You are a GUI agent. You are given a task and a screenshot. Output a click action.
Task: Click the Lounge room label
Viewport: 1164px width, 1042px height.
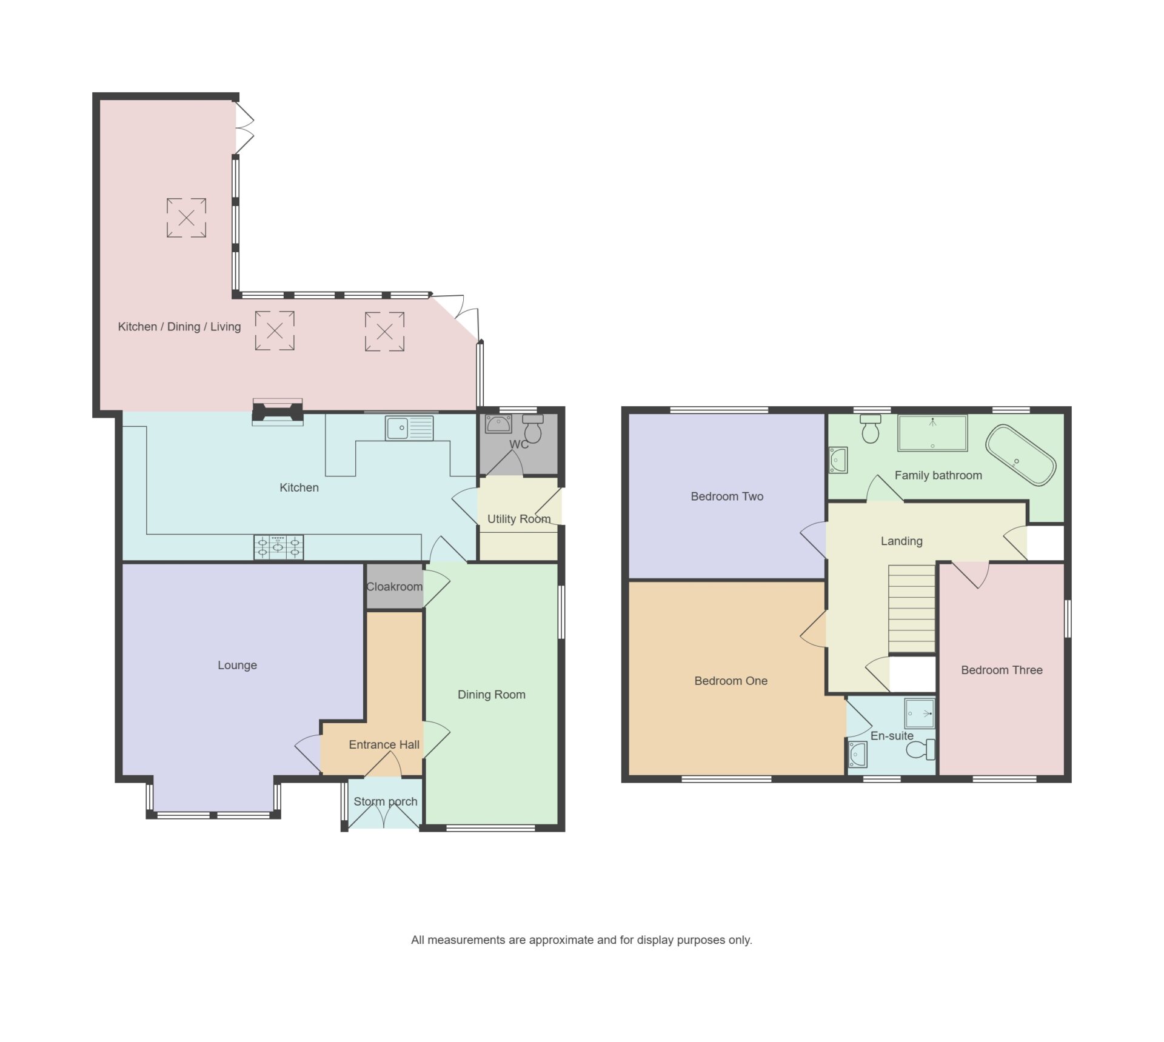coord(237,665)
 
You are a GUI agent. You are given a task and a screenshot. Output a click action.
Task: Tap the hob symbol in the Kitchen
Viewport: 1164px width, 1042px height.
coord(278,547)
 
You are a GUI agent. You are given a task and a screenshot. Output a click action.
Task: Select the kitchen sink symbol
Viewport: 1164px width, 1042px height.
coord(409,428)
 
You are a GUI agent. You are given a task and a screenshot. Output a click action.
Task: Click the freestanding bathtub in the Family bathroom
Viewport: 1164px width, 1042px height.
coord(1021,455)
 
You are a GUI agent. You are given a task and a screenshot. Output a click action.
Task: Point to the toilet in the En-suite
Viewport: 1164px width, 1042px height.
coord(921,750)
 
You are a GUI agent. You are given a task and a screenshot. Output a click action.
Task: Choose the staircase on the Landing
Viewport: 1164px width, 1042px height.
coord(912,609)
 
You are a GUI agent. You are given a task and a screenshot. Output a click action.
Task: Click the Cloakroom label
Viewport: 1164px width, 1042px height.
coord(394,587)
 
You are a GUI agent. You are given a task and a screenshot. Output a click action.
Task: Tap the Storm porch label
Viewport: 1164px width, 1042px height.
coord(386,801)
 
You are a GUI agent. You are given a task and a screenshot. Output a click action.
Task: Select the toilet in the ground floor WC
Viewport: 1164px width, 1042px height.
coord(533,429)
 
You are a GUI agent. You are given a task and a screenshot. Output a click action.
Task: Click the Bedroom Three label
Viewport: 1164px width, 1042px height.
coord(1002,670)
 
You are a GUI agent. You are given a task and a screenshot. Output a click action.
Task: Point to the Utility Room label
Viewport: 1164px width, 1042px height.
coord(519,519)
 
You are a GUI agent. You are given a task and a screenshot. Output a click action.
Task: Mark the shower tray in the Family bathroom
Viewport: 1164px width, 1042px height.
coord(932,433)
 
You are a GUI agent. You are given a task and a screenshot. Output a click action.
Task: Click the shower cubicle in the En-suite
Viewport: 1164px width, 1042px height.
coord(920,713)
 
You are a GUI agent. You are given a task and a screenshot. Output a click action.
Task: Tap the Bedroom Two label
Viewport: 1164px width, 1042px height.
coord(727,496)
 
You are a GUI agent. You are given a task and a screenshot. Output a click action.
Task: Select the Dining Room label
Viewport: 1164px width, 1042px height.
coord(491,695)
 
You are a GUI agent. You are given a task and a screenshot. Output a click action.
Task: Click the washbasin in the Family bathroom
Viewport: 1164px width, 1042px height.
coord(838,460)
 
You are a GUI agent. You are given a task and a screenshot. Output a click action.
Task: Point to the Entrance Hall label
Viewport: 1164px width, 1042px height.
coord(384,744)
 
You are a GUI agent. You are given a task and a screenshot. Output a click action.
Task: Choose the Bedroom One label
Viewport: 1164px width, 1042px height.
coord(731,681)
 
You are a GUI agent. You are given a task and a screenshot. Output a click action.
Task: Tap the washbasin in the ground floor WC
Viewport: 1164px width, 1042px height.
coord(498,424)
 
